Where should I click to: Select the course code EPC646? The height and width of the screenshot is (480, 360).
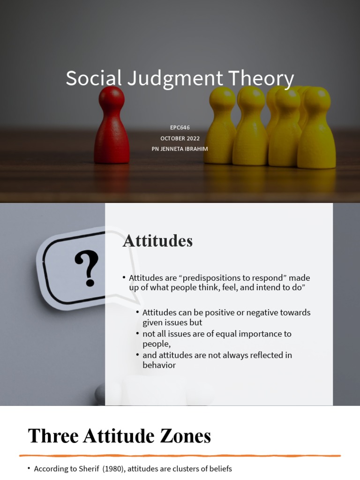point(180,127)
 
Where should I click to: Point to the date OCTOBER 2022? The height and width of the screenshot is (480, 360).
point(180,138)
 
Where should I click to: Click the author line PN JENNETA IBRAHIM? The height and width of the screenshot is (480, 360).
point(180,149)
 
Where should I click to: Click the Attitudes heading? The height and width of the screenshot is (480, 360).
point(157,241)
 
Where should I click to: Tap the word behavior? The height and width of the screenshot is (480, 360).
point(159,365)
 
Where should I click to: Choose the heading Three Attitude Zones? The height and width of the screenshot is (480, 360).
point(120,436)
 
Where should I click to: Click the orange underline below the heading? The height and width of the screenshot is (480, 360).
point(180,455)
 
